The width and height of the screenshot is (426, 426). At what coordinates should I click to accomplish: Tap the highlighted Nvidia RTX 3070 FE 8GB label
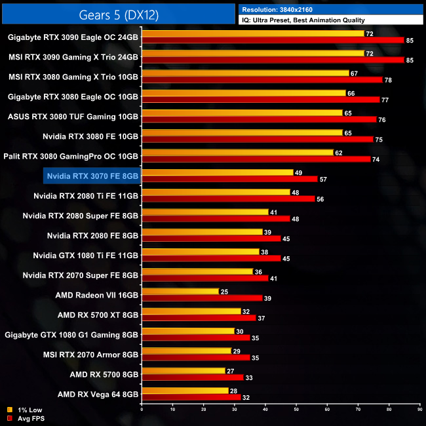(93, 176)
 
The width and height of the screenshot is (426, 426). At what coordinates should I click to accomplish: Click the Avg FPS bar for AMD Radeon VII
(201, 298)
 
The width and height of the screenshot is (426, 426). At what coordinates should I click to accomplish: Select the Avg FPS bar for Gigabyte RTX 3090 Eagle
(273, 41)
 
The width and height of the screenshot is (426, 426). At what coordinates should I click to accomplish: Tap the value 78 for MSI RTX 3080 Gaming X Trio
(387, 81)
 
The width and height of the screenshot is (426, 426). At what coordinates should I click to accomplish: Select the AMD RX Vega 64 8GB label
(98, 394)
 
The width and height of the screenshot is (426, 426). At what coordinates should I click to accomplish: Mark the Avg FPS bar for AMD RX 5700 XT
(198, 318)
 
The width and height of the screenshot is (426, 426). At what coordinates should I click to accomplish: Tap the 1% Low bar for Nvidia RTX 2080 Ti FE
(216, 192)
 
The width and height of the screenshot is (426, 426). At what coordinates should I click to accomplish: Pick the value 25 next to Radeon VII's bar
(224, 291)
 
